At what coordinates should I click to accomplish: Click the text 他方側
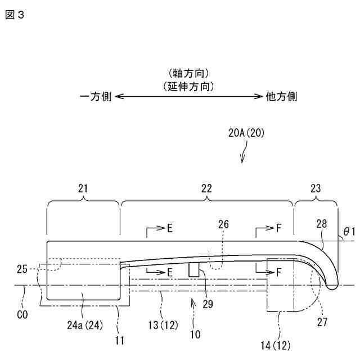pyautogui.click(x=281, y=97)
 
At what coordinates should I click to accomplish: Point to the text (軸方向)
pyautogui.click(x=188, y=73)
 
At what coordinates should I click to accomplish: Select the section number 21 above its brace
pyautogui.click(x=83, y=188)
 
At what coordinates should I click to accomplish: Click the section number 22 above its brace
pyautogui.click(x=206, y=188)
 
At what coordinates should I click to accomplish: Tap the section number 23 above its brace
pyautogui.click(x=316, y=188)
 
